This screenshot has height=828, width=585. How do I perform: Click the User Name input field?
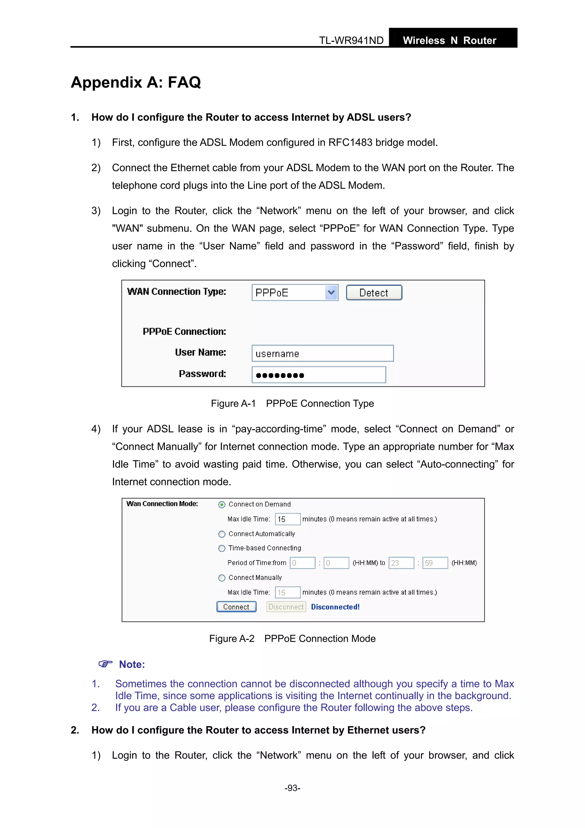322,354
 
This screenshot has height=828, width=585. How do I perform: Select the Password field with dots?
318,375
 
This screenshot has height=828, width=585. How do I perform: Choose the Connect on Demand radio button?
222,504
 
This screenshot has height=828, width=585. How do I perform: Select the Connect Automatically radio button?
222,534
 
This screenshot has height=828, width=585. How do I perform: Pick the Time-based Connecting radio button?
222,548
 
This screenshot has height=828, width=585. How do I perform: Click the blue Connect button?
236,607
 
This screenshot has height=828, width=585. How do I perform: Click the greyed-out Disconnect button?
286,607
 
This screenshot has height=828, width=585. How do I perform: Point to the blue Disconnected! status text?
335,607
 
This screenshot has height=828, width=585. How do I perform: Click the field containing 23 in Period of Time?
401,563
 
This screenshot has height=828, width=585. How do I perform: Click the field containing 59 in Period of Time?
435,563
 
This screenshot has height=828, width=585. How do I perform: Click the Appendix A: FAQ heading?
136,82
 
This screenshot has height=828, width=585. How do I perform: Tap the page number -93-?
292,788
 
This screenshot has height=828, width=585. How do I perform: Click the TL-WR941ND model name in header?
351,40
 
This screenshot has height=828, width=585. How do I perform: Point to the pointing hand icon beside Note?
105,664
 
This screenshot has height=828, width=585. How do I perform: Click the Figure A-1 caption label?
233,404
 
